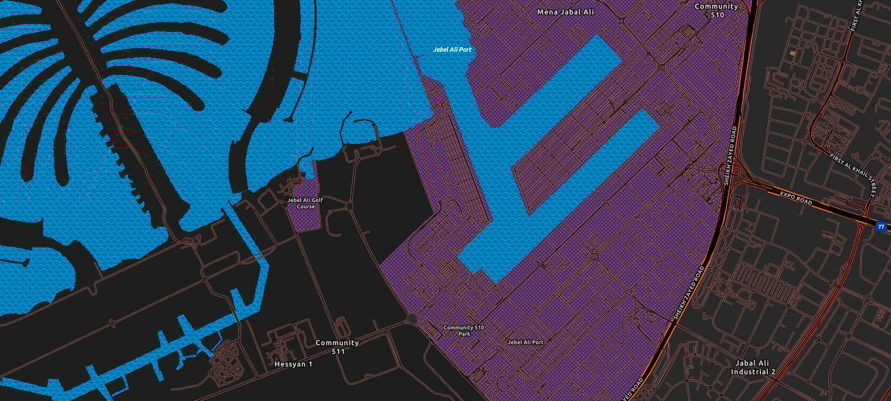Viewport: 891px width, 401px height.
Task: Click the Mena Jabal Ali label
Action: pyautogui.click(x=565, y=12)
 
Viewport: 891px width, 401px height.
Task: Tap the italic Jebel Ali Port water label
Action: pyautogui.click(x=452, y=49)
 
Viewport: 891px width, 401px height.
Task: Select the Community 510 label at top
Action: pyautogui.click(x=717, y=10)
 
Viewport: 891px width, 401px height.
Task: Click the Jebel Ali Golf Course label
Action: pyautogui.click(x=305, y=203)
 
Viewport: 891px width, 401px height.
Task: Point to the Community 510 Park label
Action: pyautogui.click(x=464, y=330)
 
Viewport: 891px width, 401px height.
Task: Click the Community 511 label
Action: pyautogui.click(x=337, y=347)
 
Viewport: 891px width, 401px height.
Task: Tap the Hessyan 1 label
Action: pyautogui.click(x=293, y=364)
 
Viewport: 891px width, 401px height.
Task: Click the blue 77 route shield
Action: pyautogui.click(x=881, y=227)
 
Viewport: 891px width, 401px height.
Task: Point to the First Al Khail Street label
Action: pyautogui.click(x=851, y=174)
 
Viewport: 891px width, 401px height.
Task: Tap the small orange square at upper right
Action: pyautogui.click(x=793, y=53)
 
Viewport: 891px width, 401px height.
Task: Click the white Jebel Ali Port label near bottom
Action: pyautogui.click(x=525, y=343)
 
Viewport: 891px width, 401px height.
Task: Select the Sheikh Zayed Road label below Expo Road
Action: pyautogui.click(x=690, y=293)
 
